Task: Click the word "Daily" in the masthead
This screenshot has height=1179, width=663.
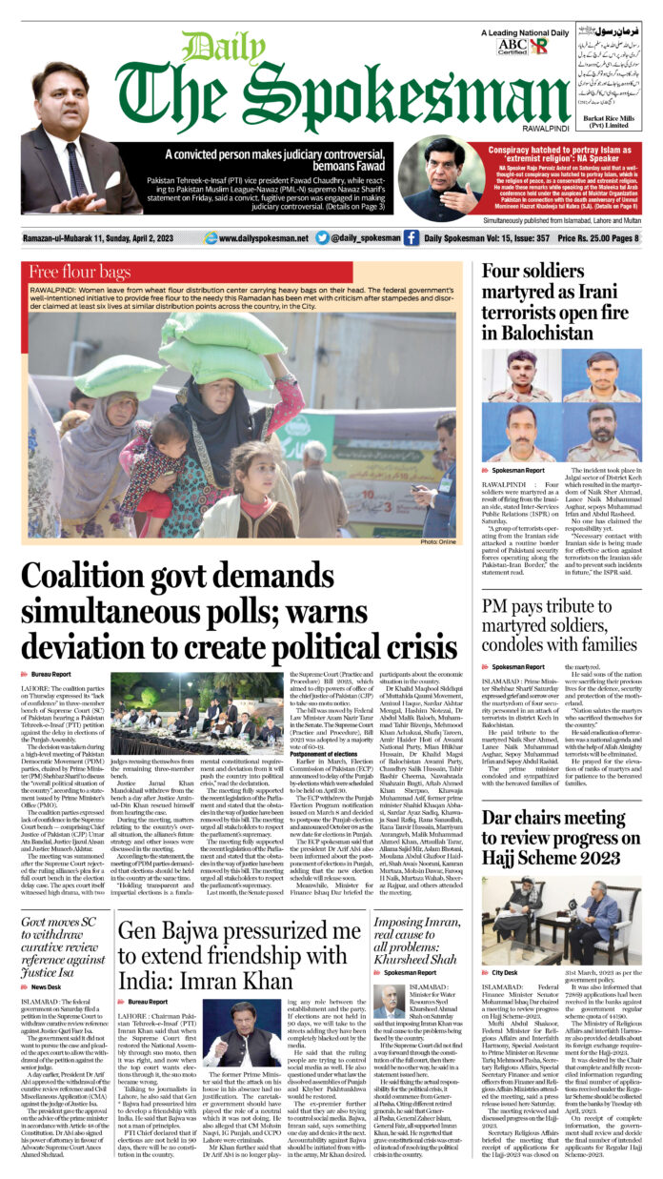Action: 211,49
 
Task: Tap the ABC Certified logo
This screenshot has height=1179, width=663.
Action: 511,44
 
